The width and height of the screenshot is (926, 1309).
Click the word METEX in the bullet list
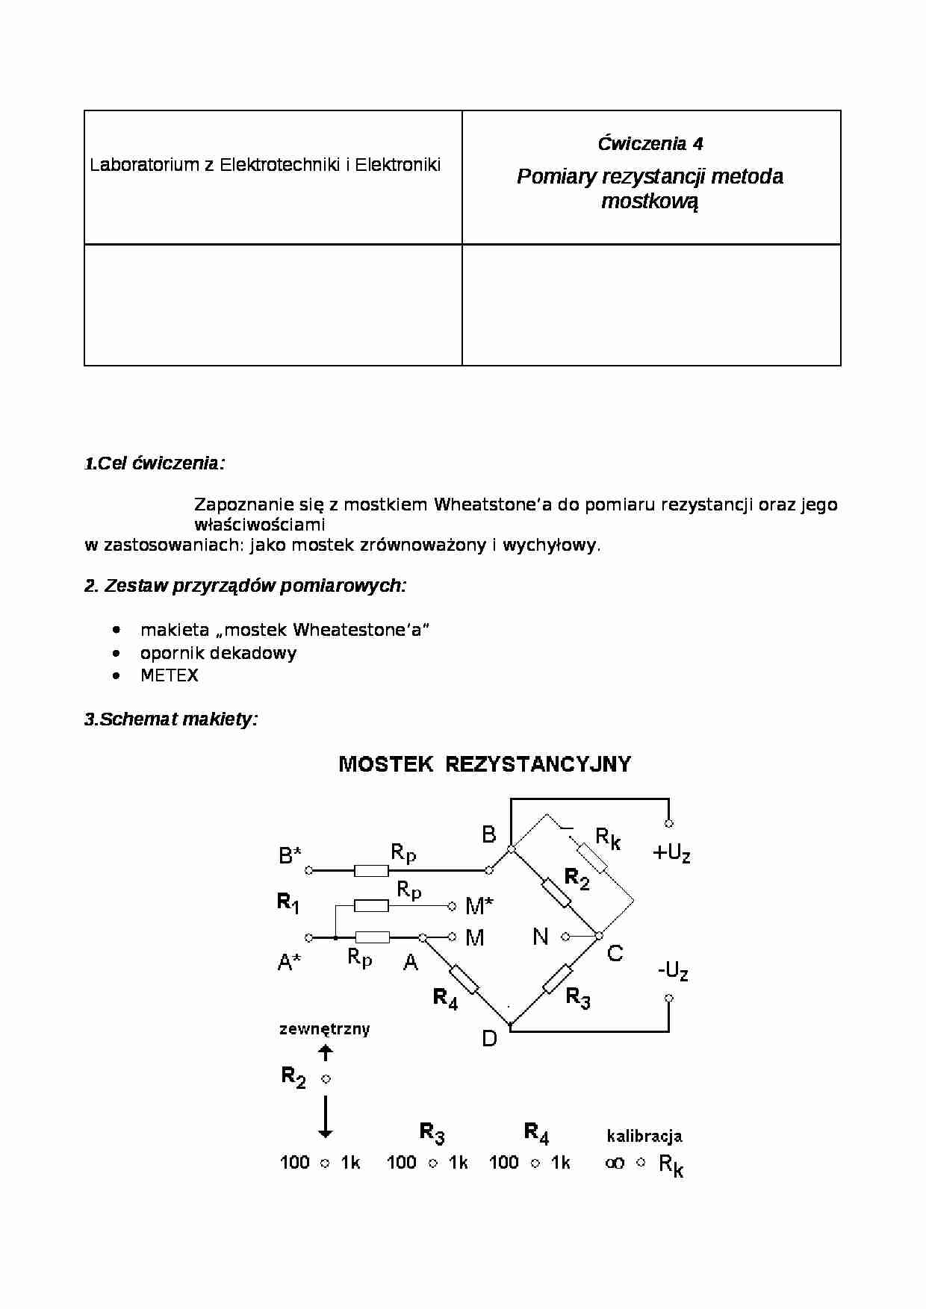[170, 675]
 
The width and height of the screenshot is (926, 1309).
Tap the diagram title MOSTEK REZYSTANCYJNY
[485, 764]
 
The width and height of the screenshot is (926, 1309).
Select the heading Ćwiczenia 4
[650, 144]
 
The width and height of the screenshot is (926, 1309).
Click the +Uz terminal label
[671, 853]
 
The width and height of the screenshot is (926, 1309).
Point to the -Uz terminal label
[672, 971]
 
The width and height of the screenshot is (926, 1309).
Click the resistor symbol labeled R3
[557, 978]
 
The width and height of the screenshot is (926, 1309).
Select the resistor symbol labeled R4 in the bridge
[464, 979]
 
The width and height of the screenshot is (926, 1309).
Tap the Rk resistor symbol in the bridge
[592, 858]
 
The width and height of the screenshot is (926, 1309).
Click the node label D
[489, 1039]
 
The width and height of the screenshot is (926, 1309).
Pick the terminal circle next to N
[565, 936]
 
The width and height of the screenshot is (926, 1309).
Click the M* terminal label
[479, 907]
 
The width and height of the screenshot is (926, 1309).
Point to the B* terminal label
[290, 856]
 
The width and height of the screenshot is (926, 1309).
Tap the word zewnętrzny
[324, 1029]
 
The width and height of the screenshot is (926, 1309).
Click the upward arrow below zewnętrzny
[326, 1053]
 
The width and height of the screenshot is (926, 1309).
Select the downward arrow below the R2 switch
[326, 1116]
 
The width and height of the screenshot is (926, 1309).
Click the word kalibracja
[644, 1137]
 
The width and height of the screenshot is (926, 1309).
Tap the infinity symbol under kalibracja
[615, 1163]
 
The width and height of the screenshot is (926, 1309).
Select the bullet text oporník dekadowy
[218, 653]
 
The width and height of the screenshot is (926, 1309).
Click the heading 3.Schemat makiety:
[171, 719]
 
